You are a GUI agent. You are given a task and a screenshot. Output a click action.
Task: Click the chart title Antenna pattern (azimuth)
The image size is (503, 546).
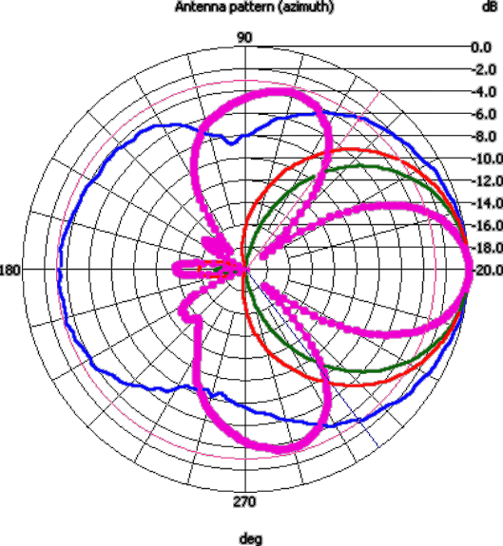coord(255,7)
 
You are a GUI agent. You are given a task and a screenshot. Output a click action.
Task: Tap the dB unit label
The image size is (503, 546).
coord(490,7)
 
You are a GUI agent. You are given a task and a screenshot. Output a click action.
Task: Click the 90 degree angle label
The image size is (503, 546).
coord(244,37)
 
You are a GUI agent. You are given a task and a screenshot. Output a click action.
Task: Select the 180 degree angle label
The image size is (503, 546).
coord(10,270)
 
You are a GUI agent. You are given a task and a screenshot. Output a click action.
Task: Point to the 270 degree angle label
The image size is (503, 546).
coord(244,501)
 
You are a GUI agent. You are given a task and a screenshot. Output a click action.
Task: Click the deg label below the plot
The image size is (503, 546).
coord(251,538)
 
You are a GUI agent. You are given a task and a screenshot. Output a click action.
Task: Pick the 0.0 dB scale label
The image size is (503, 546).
coord(481,47)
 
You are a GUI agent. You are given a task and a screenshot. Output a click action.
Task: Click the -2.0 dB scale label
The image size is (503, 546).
coord(484,69)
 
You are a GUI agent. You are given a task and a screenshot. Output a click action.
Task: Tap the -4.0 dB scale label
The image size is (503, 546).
coord(484,92)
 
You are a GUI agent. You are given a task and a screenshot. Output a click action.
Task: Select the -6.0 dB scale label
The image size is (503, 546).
coord(484,114)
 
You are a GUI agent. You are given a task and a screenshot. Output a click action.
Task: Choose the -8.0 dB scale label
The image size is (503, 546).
coord(484,137)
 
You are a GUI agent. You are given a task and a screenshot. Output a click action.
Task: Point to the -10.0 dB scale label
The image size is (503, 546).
coord(488,159)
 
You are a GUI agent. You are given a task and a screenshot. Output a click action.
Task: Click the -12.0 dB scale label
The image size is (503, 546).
coord(488,181)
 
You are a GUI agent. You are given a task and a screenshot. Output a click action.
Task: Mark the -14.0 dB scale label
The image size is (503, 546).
coord(488,203)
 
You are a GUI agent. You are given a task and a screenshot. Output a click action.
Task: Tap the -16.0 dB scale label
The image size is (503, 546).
coord(488,225)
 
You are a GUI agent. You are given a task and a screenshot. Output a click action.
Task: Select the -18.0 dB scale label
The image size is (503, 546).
coord(488,248)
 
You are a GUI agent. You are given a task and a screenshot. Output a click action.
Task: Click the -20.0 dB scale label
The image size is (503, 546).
coord(488,270)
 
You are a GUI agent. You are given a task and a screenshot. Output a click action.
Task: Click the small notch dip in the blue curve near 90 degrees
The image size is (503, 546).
coord(231,142)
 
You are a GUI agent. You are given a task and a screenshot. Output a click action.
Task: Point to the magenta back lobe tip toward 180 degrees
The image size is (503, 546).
coord(174,269)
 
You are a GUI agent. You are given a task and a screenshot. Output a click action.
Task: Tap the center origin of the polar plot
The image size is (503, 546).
coord(245,269)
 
